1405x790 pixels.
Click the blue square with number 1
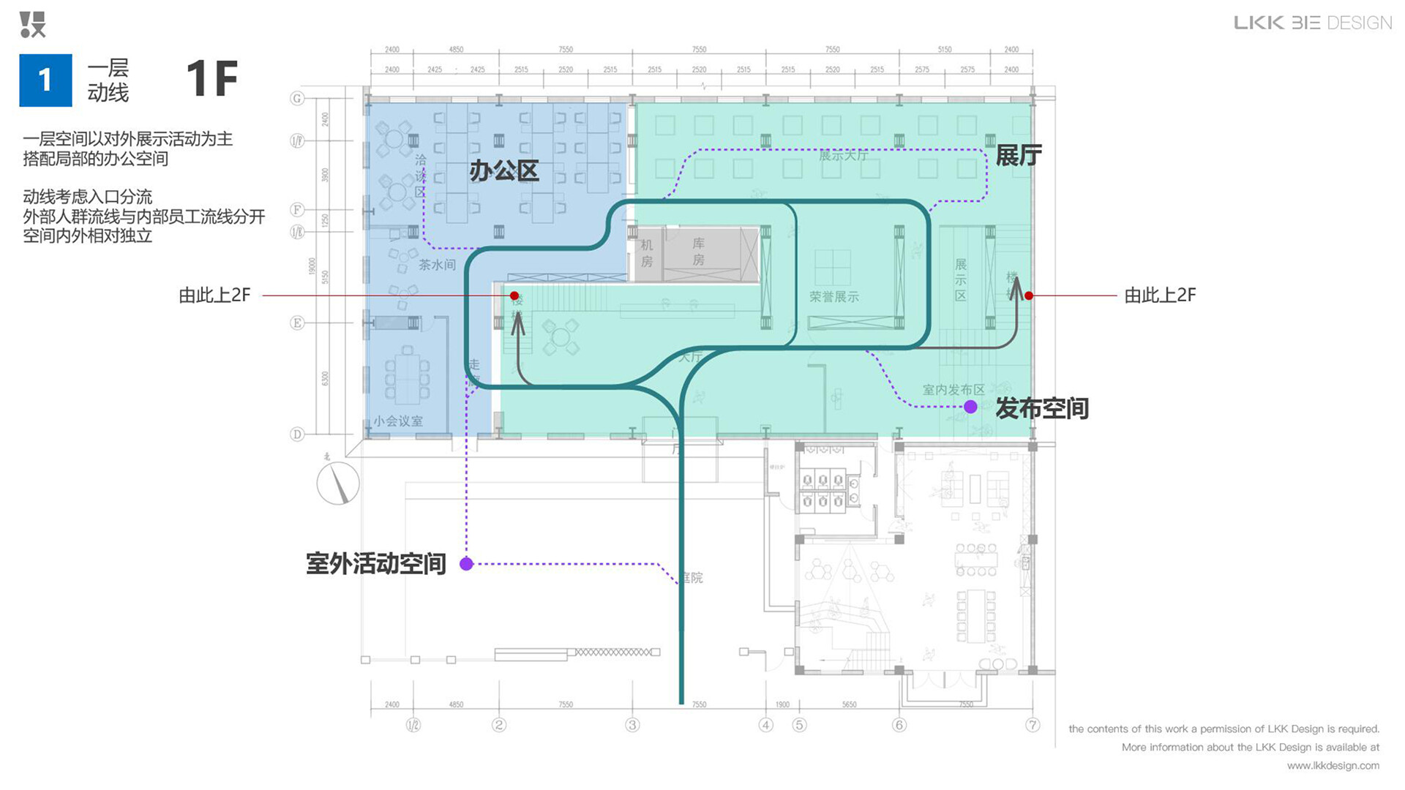(45, 80)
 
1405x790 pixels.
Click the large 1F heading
(212, 79)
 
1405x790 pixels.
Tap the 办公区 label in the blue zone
(503, 171)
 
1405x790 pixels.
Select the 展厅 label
(1019, 156)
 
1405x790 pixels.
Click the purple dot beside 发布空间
(970, 407)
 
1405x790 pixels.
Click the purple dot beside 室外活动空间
(466, 563)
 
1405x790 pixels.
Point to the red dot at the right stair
(1029, 296)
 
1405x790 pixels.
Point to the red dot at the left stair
(514, 296)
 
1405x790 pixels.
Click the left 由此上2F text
(214, 296)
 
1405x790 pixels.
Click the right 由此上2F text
(1160, 296)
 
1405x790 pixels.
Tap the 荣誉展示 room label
(833, 296)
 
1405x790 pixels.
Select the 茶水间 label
(437, 265)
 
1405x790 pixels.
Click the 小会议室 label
(398, 421)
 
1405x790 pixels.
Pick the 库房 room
(699, 252)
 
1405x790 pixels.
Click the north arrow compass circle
(338, 484)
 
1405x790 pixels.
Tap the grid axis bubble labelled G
(297, 98)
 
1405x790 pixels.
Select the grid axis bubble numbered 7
(1032, 725)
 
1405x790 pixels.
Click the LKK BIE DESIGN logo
(1313, 23)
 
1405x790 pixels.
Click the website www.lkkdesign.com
(1333, 766)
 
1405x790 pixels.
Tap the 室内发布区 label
(953, 390)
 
